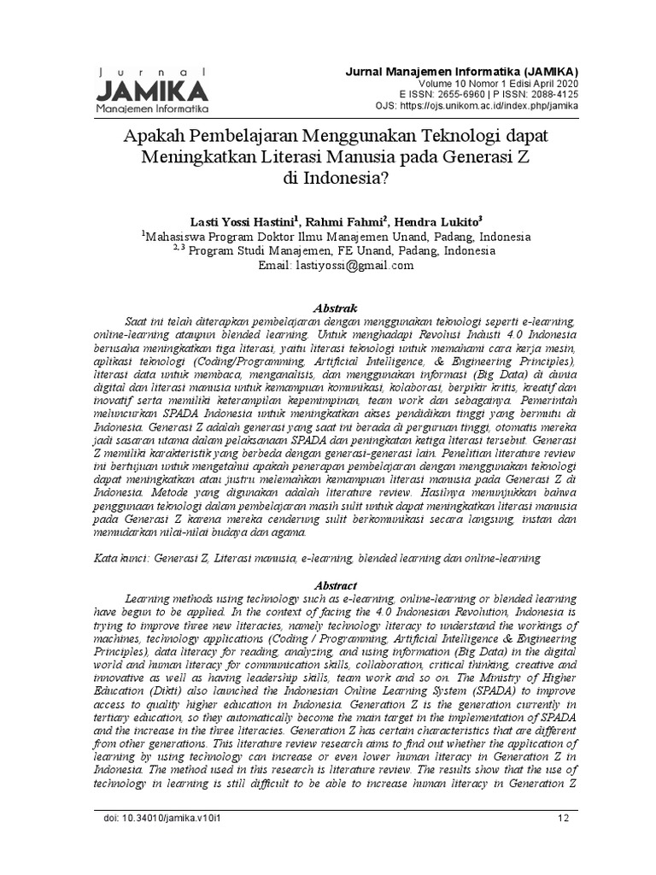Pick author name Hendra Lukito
click(x=434, y=220)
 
